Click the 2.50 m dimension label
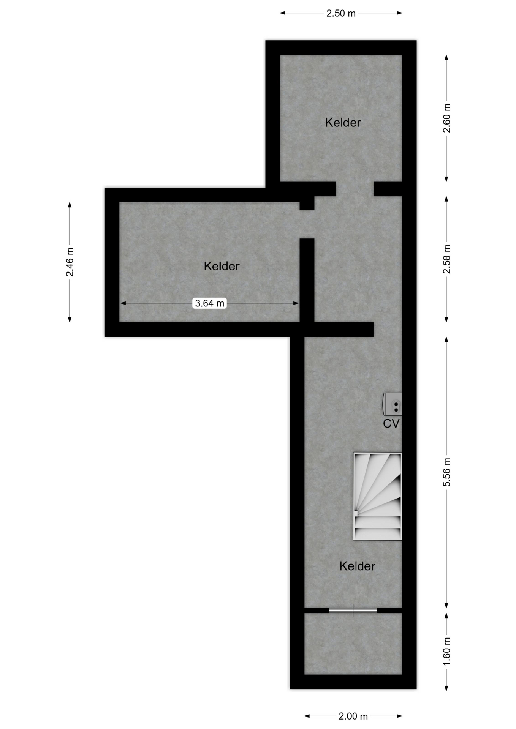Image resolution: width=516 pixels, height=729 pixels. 341,13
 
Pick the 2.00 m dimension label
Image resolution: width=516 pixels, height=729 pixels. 353,716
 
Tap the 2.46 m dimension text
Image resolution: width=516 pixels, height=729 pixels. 70,262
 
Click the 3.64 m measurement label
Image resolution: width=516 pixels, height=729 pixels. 209,303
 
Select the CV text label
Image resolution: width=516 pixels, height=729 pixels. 391,423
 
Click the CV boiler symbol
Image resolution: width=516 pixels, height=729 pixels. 393,404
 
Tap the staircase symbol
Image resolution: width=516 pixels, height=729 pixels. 378,496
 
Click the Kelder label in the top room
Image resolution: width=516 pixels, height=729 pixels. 343,122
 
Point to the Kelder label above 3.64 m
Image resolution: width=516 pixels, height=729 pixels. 222,266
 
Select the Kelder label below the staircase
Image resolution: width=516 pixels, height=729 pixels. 357,566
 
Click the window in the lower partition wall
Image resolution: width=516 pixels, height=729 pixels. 353,611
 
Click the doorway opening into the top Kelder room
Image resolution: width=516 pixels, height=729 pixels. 355,189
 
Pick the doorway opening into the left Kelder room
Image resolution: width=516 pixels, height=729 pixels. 307,224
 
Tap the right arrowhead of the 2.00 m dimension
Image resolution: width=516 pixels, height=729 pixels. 400,716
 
